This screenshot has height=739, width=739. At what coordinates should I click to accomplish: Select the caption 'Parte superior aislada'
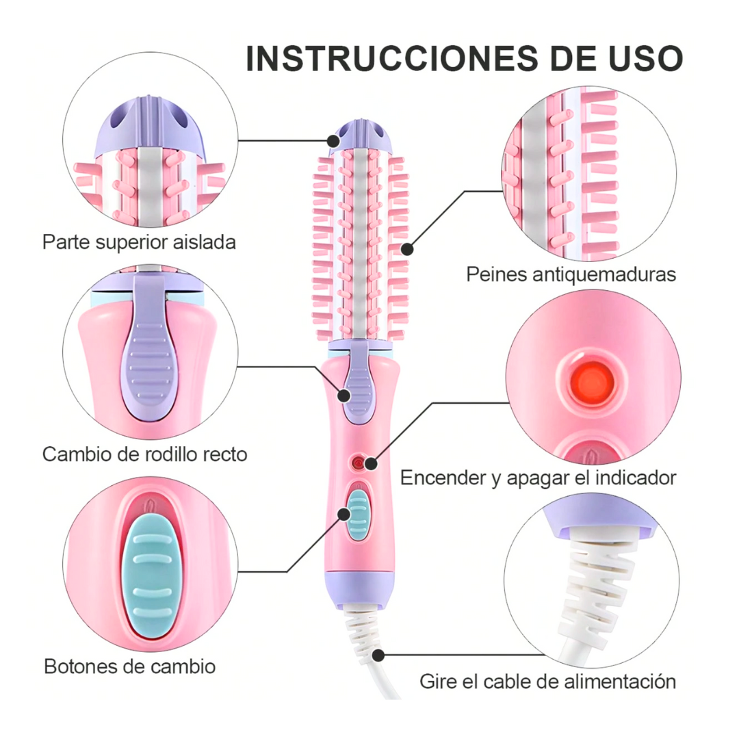[x=139, y=242]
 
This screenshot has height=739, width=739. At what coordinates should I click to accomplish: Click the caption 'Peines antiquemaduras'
[x=571, y=274]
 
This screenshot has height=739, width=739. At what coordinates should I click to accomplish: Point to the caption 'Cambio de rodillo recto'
[x=144, y=454]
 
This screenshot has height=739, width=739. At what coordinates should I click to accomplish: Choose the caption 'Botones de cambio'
[x=130, y=666]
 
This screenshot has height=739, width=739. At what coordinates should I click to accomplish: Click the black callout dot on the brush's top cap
[x=333, y=141]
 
